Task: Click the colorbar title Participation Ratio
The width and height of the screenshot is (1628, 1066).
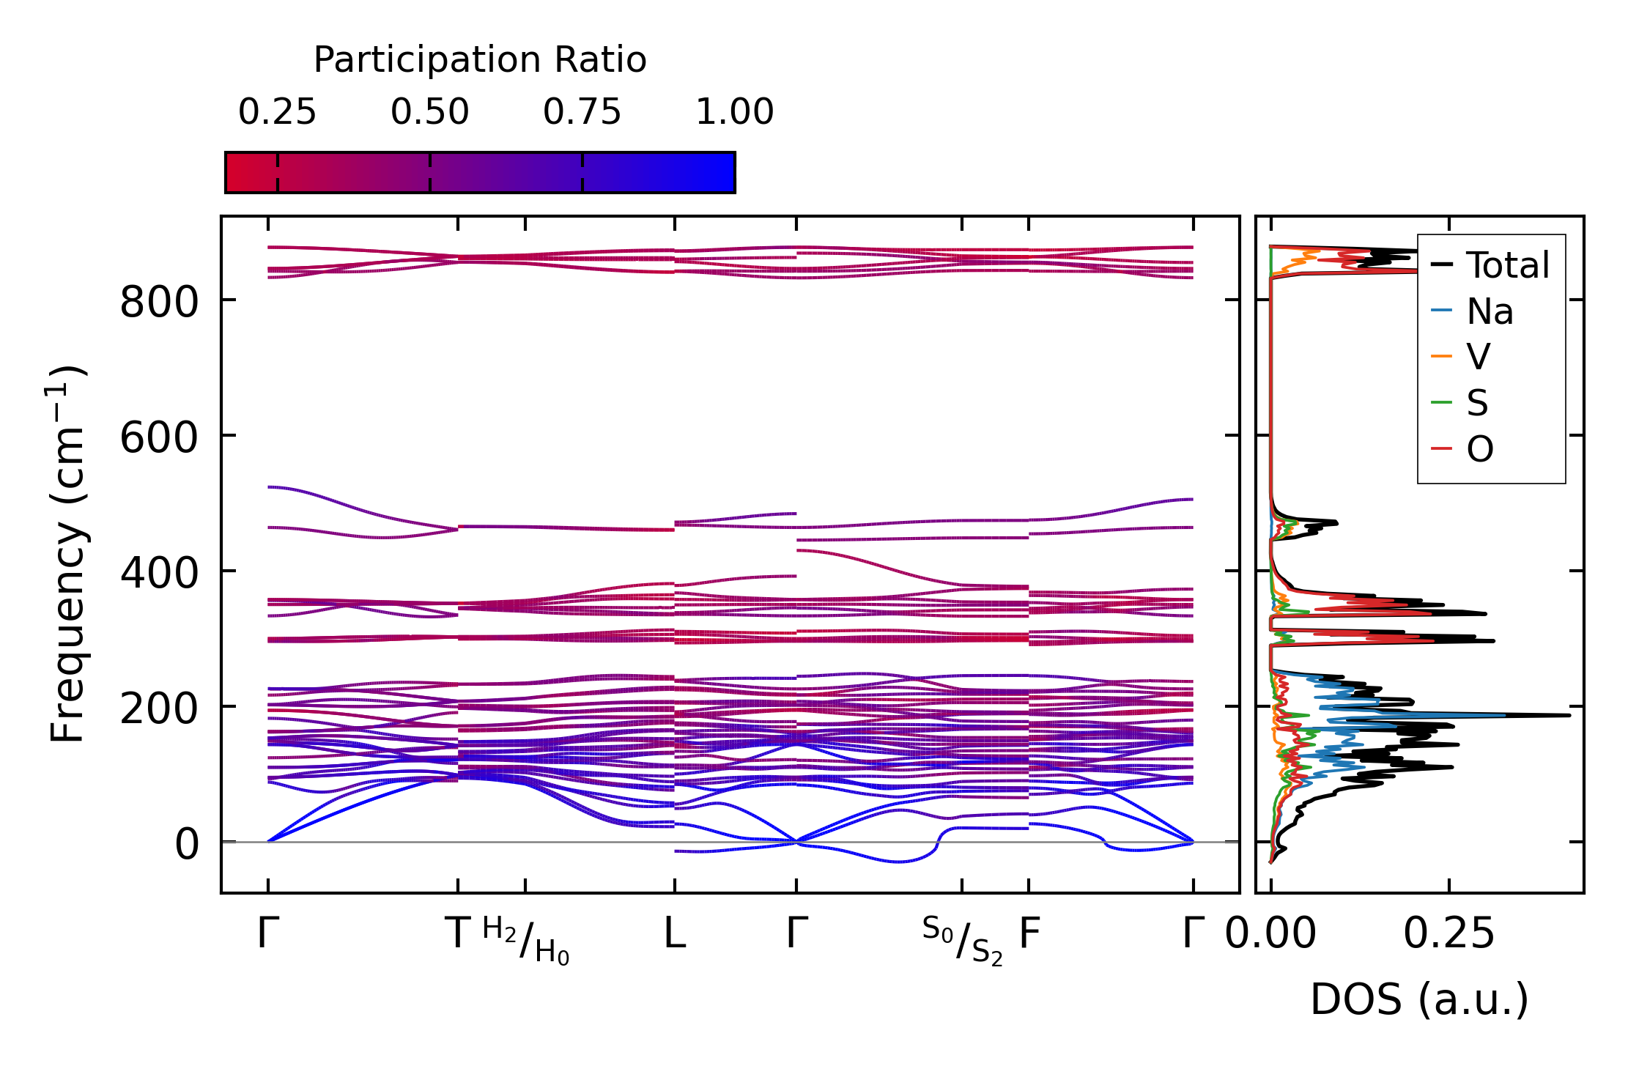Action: click(x=480, y=60)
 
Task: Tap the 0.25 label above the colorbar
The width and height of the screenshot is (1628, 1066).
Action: click(x=277, y=112)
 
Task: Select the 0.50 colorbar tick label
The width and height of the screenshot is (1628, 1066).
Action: click(x=429, y=112)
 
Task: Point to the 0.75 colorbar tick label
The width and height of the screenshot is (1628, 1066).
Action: click(x=582, y=112)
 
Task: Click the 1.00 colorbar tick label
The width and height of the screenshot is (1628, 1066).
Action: click(x=734, y=112)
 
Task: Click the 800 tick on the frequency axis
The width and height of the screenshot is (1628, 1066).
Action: click(x=159, y=302)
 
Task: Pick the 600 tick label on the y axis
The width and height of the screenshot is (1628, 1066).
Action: click(x=159, y=438)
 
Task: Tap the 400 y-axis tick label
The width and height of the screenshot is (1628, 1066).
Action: click(x=159, y=574)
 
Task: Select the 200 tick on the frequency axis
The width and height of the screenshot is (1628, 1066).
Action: click(x=159, y=709)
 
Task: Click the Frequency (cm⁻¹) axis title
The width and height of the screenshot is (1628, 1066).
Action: click(x=68, y=554)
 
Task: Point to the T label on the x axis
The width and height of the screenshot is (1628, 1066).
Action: click(x=458, y=934)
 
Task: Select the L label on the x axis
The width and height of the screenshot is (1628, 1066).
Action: click(x=675, y=934)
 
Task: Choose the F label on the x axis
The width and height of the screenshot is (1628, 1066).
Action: click(x=1029, y=934)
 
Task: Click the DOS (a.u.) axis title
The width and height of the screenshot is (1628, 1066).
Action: click(x=1419, y=1000)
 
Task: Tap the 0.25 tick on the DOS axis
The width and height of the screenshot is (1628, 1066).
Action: click(x=1448, y=934)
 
